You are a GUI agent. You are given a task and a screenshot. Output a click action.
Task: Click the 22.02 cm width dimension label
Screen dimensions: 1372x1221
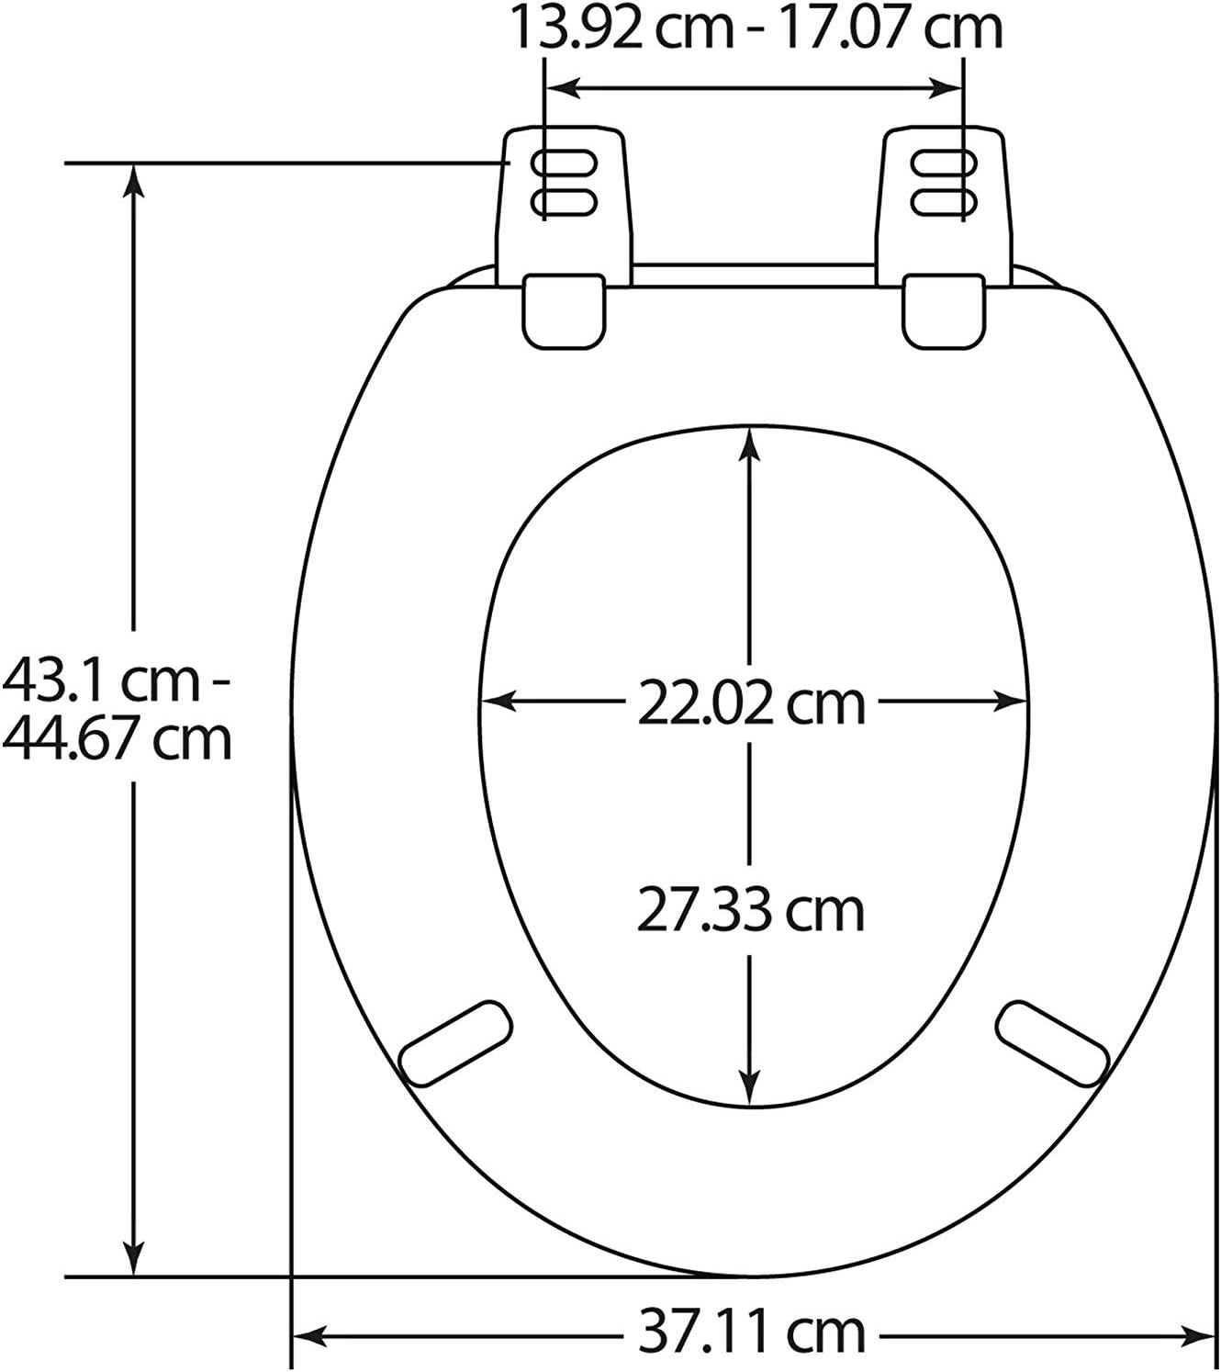[x=751, y=703]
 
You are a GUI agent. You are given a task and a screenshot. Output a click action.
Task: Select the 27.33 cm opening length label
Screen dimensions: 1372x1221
[x=751, y=911]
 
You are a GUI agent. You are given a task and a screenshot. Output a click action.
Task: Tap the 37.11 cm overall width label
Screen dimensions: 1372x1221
[x=751, y=1331]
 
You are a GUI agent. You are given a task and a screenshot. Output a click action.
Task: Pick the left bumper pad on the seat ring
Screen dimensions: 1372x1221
[x=456, y=1045]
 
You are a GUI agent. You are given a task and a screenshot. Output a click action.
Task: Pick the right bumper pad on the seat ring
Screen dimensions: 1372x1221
[x=1051, y=1045]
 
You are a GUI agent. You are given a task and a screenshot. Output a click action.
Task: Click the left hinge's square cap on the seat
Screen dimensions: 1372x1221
[x=565, y=310]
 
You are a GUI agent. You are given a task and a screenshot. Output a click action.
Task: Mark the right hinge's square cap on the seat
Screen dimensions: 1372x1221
[x=943, y=310]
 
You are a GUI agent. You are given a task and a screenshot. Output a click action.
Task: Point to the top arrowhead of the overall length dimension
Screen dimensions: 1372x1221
[x=135, y=179]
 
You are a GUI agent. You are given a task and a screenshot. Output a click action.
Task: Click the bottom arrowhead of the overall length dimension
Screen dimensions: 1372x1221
[x=135, y=1259]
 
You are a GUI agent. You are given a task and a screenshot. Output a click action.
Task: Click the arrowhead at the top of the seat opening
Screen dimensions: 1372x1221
[x=751, y=442]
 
